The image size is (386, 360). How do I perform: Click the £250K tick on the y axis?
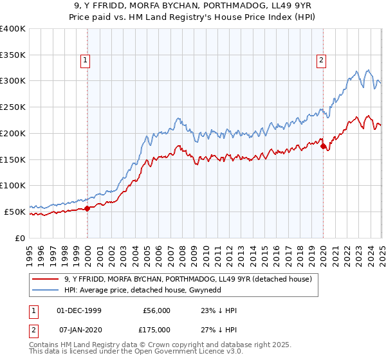click(x=13, y=107)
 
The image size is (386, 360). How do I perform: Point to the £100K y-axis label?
click(x=13, y=185)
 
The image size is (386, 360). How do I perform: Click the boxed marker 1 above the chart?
click(x=86, y=61)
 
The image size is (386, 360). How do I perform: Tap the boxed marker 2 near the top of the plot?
click(x=321, y=61)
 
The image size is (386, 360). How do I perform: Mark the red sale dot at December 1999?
click(x=87, y=208)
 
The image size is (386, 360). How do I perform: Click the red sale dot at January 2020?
click(x=323, y=146)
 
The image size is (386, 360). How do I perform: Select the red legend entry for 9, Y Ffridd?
click(x=188, y=279)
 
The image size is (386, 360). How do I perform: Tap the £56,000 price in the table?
click(x=156, y=310)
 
